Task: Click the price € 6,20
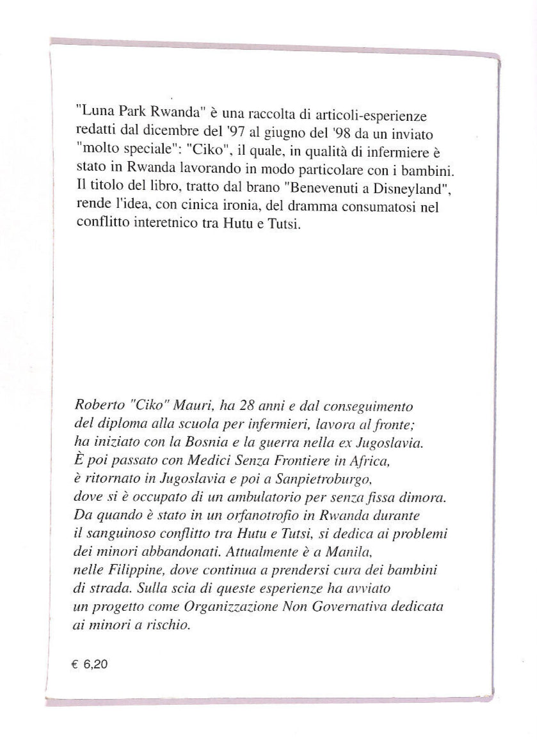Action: (90, 665)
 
